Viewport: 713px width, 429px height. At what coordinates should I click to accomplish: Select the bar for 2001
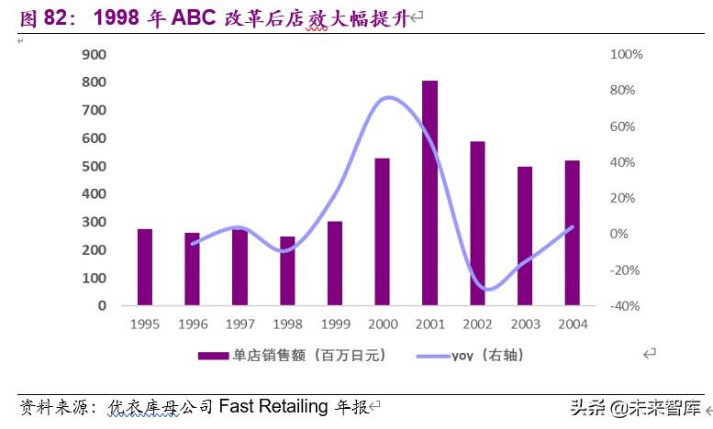click(429, 192)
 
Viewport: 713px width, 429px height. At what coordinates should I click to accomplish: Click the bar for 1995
click(145, 267)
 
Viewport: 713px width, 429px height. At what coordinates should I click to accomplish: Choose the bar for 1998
click(287, 270)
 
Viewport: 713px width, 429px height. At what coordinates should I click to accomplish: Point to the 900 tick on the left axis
click(95, 55)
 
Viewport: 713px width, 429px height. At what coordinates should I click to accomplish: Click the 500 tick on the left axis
click(95, 167)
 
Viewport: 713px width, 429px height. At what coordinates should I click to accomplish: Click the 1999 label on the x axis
click(335, 324)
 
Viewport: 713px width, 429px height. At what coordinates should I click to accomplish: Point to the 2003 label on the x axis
click(525, 324)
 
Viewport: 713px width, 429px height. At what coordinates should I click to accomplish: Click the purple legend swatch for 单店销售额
click(213, 355)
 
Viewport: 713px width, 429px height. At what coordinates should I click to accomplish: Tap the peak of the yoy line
click(386, 97)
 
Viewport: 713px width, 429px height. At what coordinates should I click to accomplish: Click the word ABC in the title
click(194, 17)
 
